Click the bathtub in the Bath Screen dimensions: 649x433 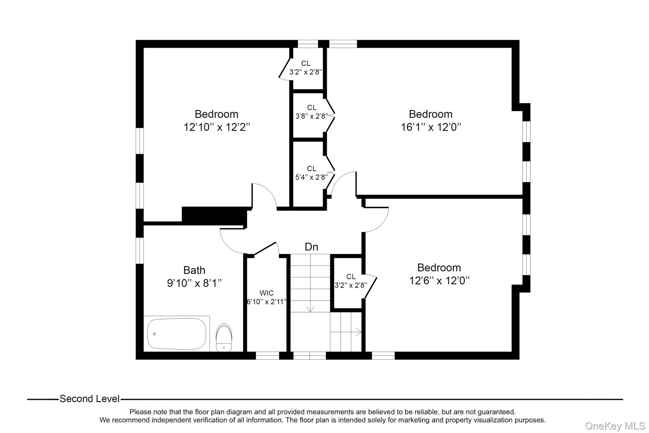point(177,334)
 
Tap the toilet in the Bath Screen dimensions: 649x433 point(224,338)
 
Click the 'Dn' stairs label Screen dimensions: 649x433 point(311,247)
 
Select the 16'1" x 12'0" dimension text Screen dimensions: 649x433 point(431,127)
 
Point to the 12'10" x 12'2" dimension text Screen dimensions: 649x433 point(217,127)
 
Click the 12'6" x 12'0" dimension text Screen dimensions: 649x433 point(439,280)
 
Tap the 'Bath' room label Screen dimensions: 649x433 point(194,270)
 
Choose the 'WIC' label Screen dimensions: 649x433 point(267,293)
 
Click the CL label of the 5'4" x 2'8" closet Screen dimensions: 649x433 point(312,169)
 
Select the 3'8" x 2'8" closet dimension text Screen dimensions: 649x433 point(311,116)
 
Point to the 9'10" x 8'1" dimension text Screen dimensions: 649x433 point(194,283)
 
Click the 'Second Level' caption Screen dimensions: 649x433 point(90,399)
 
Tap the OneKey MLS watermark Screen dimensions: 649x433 point(615,426)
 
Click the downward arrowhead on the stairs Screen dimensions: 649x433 point(310,309)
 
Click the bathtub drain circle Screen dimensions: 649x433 point(154,334)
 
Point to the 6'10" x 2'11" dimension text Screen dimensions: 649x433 point(267,302)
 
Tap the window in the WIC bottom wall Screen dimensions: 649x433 point(267,356)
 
